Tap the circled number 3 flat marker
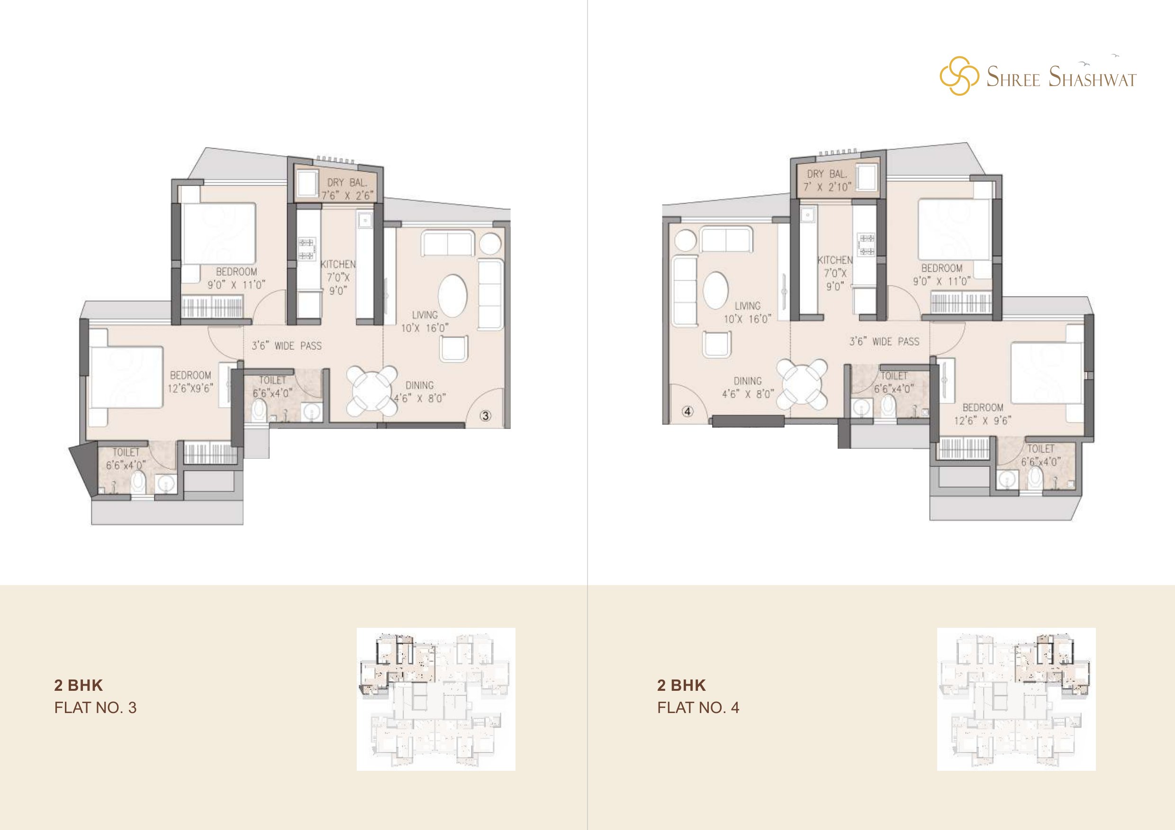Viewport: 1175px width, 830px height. point(485,416)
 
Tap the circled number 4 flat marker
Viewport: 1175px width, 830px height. point(688,411)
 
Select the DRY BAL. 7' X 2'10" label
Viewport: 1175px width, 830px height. point(826,180)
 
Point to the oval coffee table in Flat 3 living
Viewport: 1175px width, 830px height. point(452,296)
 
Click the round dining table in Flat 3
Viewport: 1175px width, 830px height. point(372,390)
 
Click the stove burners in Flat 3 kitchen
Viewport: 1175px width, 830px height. point(307,249)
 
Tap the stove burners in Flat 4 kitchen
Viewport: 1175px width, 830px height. point(867,244)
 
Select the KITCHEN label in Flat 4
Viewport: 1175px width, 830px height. point(835,260)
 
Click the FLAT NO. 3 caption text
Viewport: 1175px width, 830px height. point(95,707)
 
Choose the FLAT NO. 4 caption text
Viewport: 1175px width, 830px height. point(698,707)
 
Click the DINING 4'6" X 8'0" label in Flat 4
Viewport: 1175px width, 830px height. point(748,387)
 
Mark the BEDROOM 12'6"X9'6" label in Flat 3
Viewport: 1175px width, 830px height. point(190,382)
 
